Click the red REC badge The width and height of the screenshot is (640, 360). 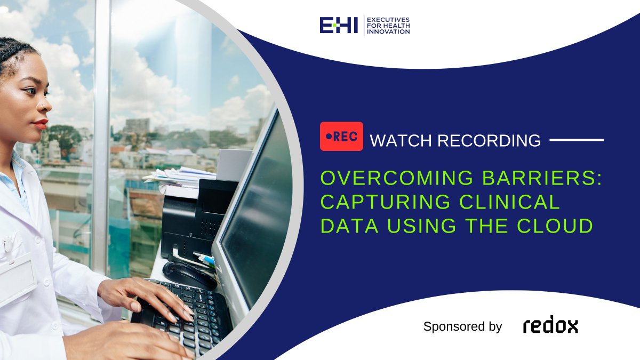(x=341, y=136)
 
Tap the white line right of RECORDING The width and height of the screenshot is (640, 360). (x=577, y=140)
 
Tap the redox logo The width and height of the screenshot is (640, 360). (x=550, y=326)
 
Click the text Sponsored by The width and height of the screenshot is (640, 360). (x=462, y=326)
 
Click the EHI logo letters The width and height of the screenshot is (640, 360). (x=339, y=25)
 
